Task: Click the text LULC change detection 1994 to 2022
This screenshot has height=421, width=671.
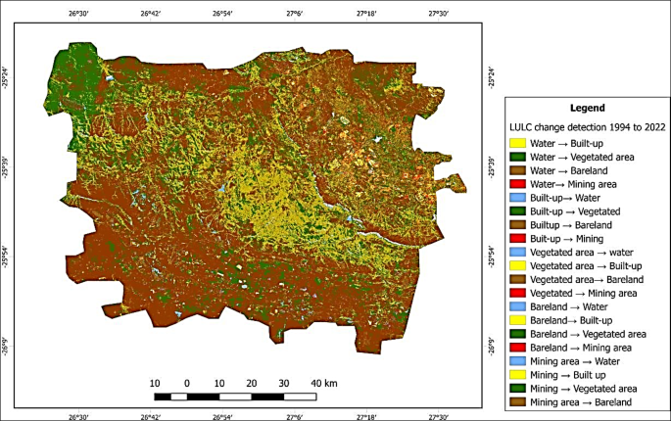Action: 585,126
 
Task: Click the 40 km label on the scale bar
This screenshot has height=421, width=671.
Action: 324,382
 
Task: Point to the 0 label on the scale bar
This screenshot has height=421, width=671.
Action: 186,382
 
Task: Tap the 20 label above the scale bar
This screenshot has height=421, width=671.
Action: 252,382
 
